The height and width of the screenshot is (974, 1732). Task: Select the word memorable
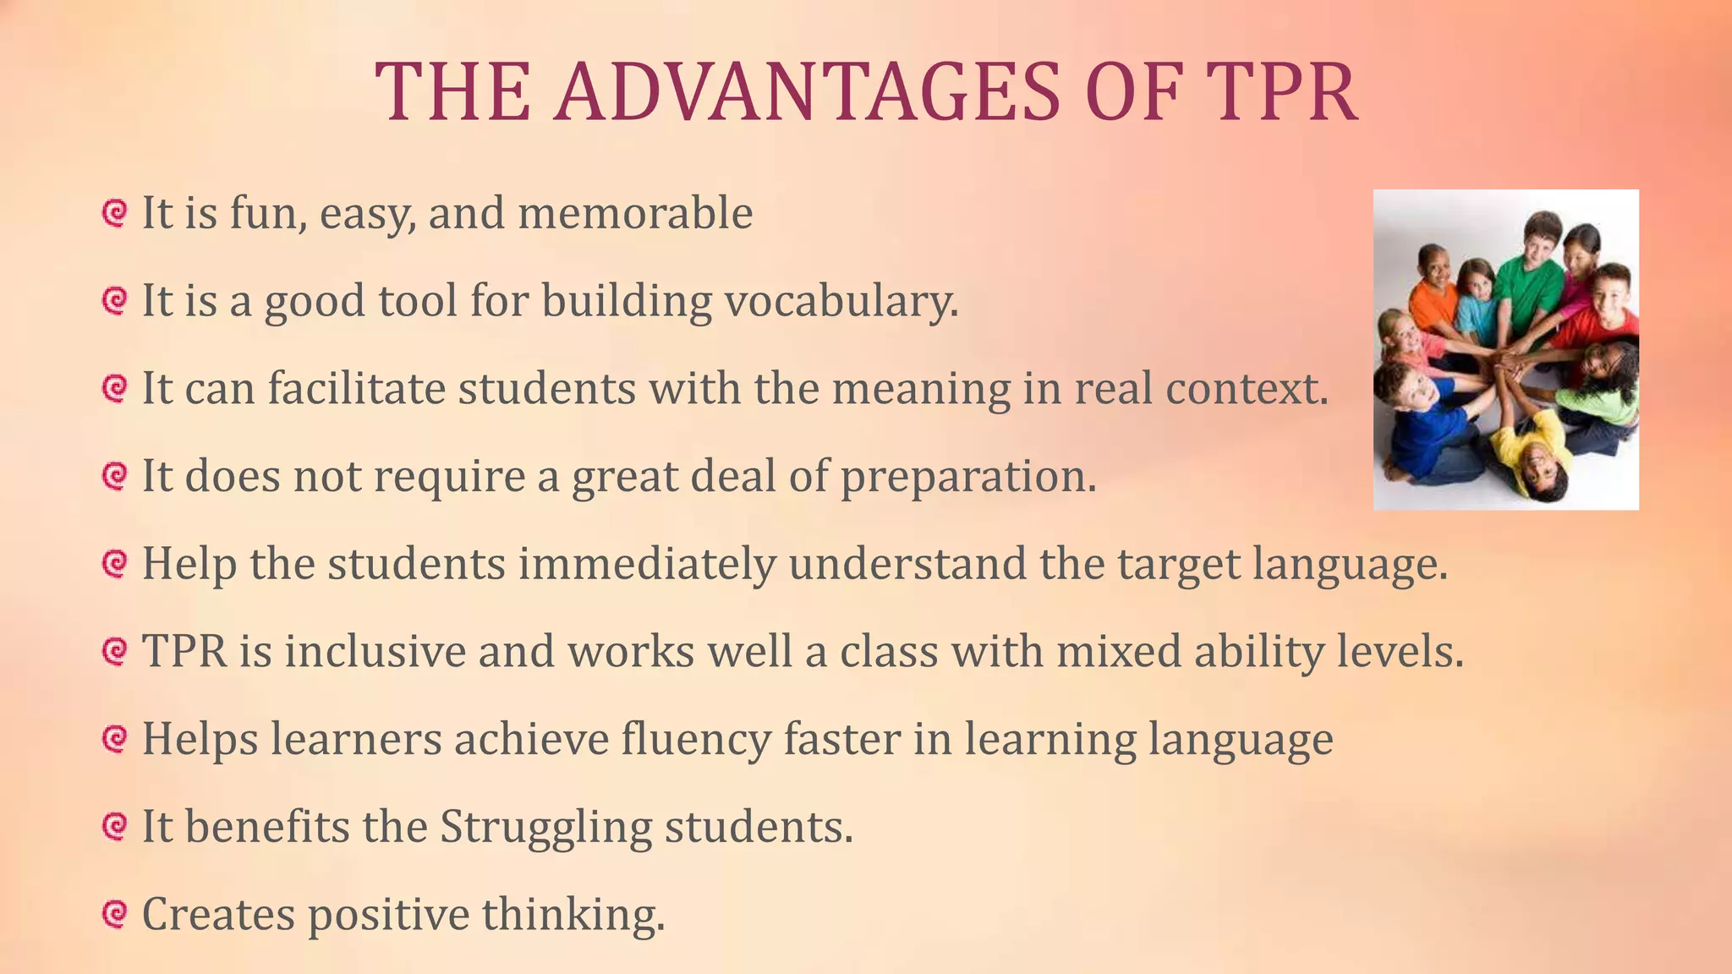coord(635,213)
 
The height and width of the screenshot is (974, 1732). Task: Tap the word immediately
coord(646,564)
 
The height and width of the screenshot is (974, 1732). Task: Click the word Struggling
coord(545,827)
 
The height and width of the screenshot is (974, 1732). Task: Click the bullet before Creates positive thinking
coord(113,914)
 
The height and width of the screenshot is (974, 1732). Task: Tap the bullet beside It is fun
coord(113,212)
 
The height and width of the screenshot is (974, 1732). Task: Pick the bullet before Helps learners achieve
coord(113,739)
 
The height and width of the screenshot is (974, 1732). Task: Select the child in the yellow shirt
coord(1530,448)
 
